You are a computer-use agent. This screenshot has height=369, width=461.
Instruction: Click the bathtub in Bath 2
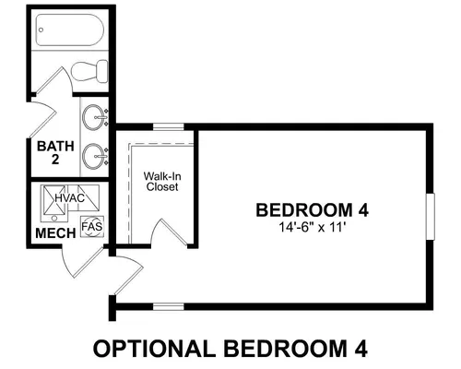tap(70, 30)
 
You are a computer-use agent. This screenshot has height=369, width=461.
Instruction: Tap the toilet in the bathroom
tap(89, 71)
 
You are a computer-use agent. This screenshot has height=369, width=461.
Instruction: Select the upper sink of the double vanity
tap(94, 117)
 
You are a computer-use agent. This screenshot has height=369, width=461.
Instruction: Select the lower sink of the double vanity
tap(94, 156)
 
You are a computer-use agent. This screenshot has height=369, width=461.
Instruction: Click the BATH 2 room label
tap(55, 152)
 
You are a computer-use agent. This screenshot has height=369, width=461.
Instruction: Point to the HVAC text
tap(70, 198)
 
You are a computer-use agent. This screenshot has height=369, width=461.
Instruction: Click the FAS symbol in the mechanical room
tap(92, 227)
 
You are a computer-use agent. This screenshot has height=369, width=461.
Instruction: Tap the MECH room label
tap(55, 233)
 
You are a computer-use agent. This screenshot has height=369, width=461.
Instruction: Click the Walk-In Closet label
tap(162, 182)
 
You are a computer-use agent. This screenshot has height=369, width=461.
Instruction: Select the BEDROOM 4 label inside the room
tap(313, 210)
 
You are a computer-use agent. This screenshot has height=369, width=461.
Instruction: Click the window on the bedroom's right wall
tap(431, 217)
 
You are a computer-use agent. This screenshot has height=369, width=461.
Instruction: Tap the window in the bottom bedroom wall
tap(169, 306)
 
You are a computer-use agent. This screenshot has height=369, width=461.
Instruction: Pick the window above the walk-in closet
tap(169, 126)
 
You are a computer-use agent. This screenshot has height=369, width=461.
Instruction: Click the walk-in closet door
tap(169, 232)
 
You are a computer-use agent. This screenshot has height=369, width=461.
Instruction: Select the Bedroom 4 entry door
tap(126, 275)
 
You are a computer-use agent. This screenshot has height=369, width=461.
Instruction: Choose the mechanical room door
tap(83, 261)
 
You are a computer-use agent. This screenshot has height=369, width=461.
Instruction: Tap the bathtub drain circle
tap(41, 30)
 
